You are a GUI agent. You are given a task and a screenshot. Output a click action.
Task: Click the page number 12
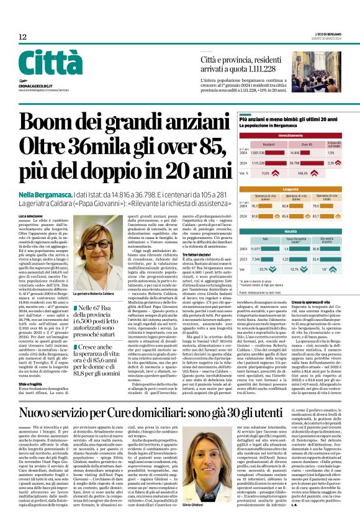(22, 37)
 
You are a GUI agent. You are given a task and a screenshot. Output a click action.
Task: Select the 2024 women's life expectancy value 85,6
(287, 216)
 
